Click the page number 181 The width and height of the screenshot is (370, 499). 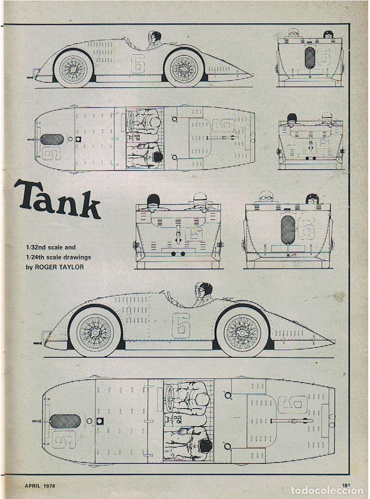pyautogui.click(x=346, y=486)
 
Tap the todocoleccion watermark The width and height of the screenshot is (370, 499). pyautogui.click(x=327, y=490)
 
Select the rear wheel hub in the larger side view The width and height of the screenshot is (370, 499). pyautogui.click(x=242, y=333)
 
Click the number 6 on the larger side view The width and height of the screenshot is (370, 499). pyautogui.click(x=181, y=325)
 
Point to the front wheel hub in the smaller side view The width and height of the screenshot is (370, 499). pyautogui.click(x=73, y=69)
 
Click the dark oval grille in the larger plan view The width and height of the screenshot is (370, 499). pyautogui.click(x=66, y=421)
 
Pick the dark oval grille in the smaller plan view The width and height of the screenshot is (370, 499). pyautogui.click(x=52, y=139)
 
